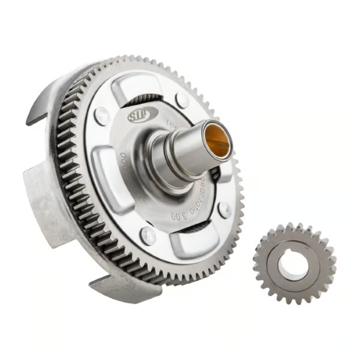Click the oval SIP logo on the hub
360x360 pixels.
click(138, 116)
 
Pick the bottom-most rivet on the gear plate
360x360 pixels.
click(148, 235)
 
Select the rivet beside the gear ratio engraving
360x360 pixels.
click(224, 210)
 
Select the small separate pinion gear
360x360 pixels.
click(294, 264)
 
